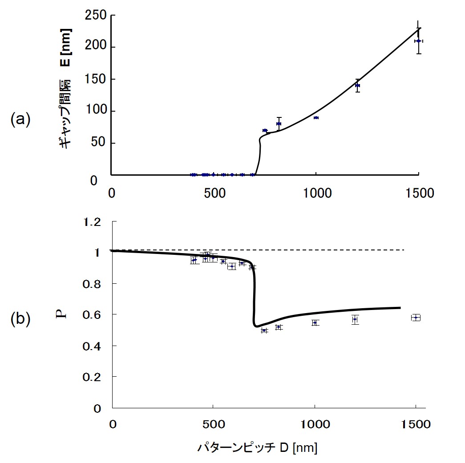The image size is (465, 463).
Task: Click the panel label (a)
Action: (20, 120)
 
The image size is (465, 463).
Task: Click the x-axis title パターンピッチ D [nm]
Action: (257, 448)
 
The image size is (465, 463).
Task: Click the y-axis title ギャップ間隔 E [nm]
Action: (65, 89)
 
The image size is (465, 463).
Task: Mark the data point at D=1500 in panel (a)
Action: (418, 41)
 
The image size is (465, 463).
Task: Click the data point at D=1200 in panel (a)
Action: (357, 85)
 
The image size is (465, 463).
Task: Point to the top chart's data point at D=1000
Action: (316, 117)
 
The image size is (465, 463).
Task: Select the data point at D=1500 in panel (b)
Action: (416, 318)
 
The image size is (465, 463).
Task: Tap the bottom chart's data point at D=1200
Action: (355, 319)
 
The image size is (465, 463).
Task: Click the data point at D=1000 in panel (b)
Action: (315, 322)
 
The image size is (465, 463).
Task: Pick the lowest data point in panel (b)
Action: (264, 330)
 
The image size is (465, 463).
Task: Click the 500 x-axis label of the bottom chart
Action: (213, 424)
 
